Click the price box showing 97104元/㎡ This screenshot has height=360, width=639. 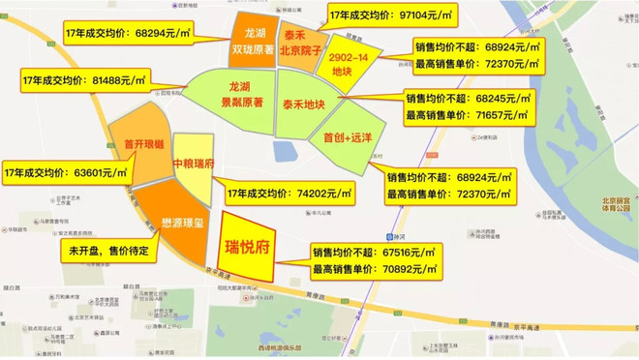coord(391,17)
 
